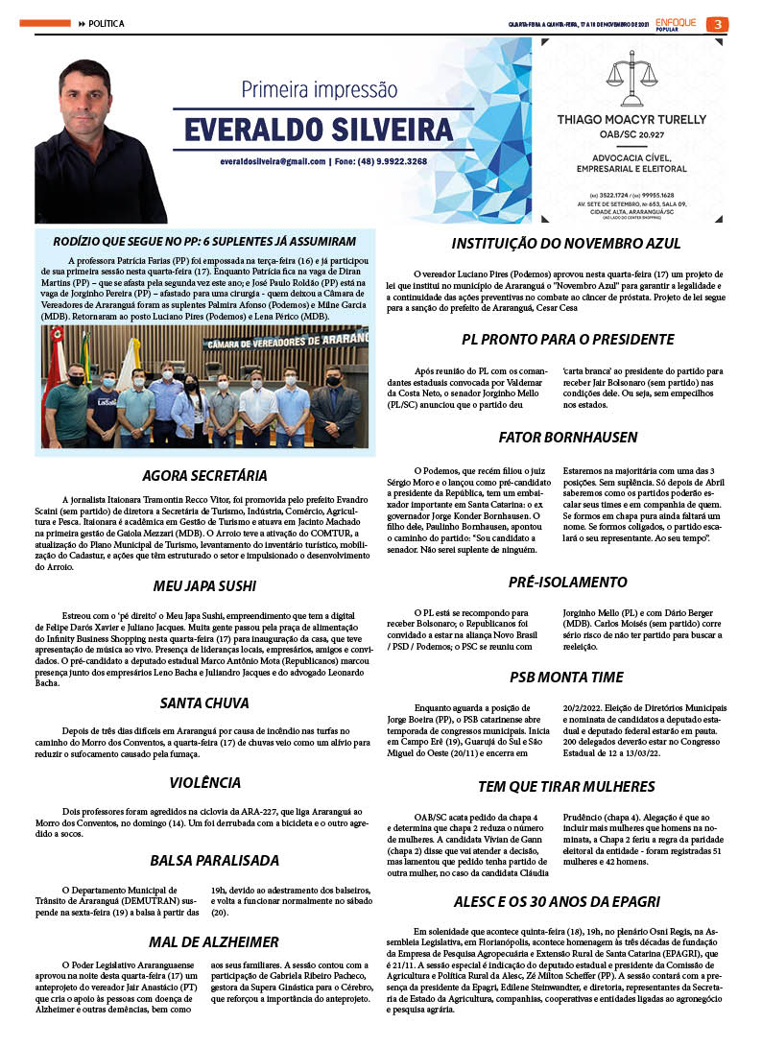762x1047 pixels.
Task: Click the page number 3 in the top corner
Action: point(717,24)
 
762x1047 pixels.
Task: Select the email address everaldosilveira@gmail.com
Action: point(272,161)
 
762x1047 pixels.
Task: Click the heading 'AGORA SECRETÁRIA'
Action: point(204,475)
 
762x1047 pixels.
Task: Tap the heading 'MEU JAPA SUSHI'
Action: point(204,585)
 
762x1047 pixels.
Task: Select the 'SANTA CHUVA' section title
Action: point(204,702)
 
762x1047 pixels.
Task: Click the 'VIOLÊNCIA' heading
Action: point(204,782)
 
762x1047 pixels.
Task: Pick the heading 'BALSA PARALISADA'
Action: point(214,860)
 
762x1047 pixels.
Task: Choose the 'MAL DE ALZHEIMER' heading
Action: point(214,941)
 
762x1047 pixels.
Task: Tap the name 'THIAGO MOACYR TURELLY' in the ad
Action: point(631,120)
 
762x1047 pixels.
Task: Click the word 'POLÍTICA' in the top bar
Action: point(107,24)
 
